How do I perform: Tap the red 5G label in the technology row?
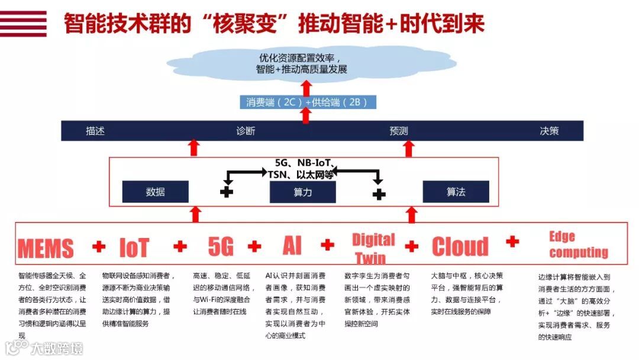(220, 246)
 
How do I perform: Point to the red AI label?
(291, 245)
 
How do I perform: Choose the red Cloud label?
(460, 246)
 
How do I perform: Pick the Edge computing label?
(578, 245)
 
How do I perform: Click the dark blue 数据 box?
(155, 192)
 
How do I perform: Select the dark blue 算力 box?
(302, 192)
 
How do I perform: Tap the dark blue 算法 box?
(456, 192)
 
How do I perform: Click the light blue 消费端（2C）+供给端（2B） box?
(307, 102)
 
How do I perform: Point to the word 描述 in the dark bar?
(95, 131)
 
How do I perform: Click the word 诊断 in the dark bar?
(246, 131)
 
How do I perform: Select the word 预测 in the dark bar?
(398, 131)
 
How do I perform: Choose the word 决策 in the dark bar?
(549, 131)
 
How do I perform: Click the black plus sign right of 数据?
(227, 192)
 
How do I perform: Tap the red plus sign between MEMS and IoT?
(99, 246)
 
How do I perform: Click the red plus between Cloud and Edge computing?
(512, 241)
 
